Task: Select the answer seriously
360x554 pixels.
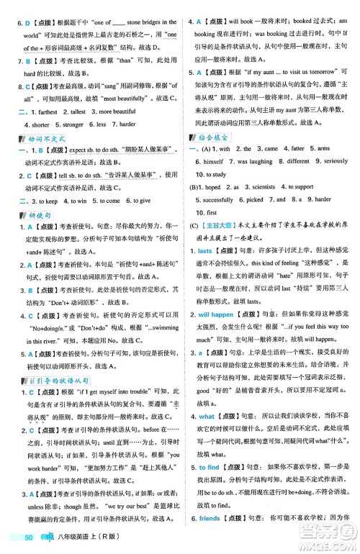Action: coord(330,162)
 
